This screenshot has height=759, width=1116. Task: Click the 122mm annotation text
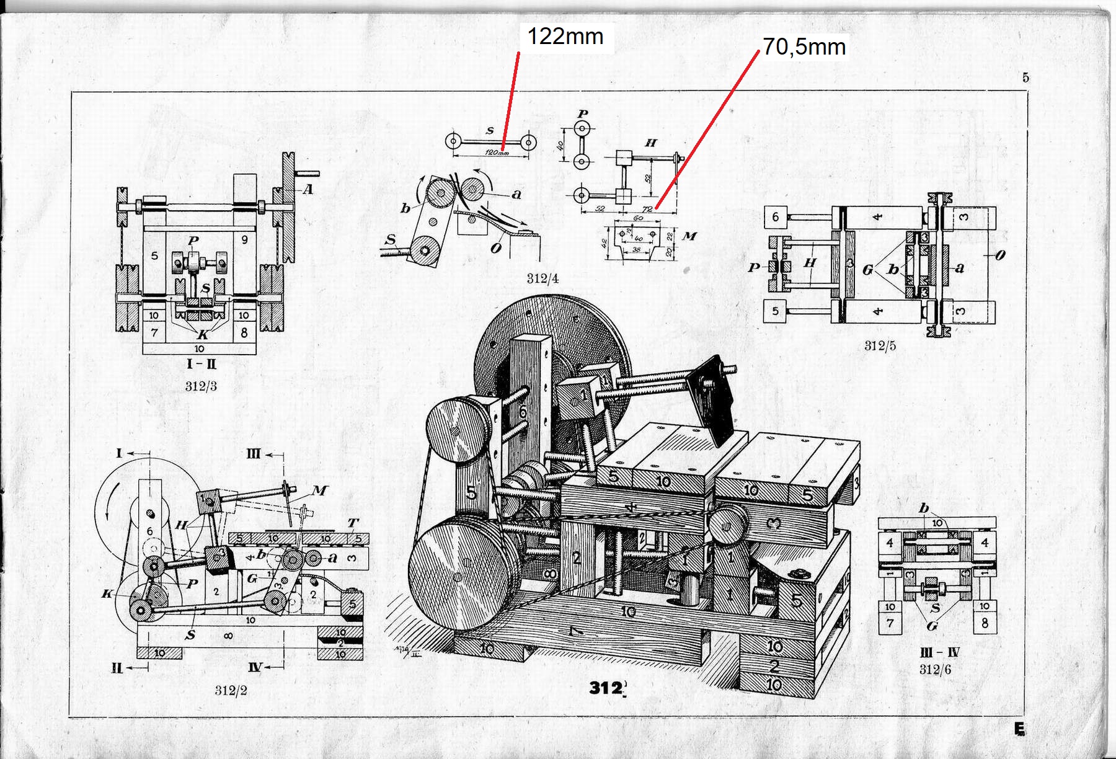pyautogui.click(x=565, y=37)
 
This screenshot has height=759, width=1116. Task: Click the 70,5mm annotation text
pyautogui.click(x=804, y=47)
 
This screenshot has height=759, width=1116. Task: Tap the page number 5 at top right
pyautogui.click(x=1026, y=78)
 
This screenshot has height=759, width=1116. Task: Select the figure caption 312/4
pyautogui.click(x=542, y=278)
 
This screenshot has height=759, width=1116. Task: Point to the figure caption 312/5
pyautogui.click(x=880, y=346)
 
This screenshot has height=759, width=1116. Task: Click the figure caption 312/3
pyautogui.click(x=201, y=386)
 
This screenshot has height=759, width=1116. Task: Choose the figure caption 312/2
pyautogui.click(x=231, y=690)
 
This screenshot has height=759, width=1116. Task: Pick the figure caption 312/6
pyautogui.click(x=935, y=669)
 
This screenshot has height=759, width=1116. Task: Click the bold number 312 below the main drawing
pyautogui.click(x=606, y=687)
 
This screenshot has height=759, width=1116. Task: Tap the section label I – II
pyautogui.click(x=201, y=364)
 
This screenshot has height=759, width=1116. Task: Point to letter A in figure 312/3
pyautogui.click(x=308, y=189)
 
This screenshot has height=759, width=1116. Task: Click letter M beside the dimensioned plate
pyautogui.click(x=689, y=236)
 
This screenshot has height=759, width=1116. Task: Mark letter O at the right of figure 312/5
pyautogui.click(x=999, y=255)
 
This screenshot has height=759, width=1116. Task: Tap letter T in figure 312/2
pyautogui.click(x=353, y=523)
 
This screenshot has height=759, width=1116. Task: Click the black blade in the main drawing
pyautogui.click(x=712, y=397)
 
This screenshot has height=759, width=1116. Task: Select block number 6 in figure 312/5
pyautogui.click(x=776, y=217)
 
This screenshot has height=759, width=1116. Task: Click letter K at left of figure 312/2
pyautogui.click(x=107, y=593)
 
